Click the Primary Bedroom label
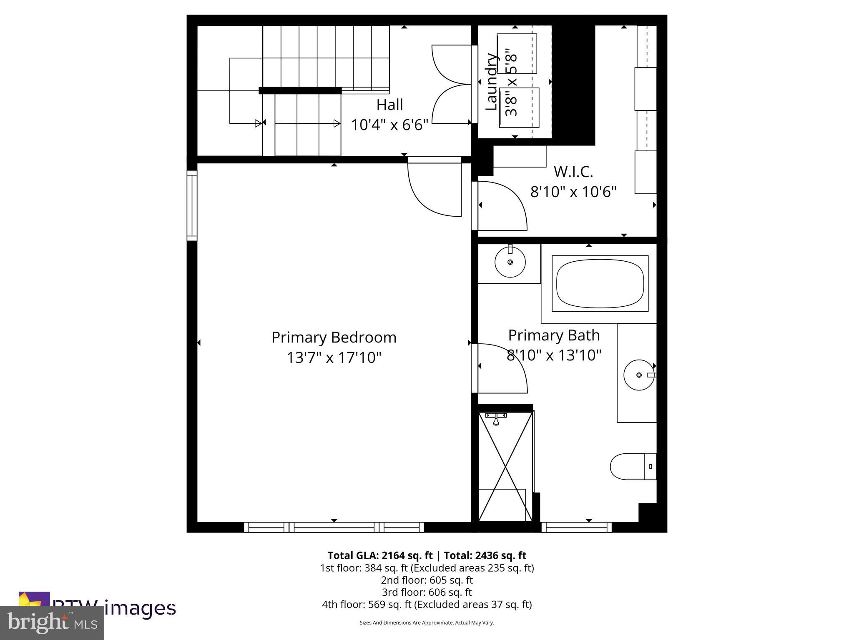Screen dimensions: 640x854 coord(334,337)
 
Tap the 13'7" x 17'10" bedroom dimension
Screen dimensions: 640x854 coord(334,358)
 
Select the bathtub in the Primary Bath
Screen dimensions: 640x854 coord(600,283)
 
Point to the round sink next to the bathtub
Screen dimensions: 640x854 coord(510,262)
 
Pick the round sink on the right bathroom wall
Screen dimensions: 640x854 coord(639,375)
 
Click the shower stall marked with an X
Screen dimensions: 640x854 coord(505,466)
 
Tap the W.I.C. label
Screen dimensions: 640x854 coord(573,172)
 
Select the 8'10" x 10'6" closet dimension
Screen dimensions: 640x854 coord(573,192)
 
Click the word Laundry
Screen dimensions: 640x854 coord(492,82)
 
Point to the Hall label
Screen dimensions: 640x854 coord(389,105)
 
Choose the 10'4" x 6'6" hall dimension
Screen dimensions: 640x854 coord(389,125)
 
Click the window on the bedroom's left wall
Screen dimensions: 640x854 coord(192,205)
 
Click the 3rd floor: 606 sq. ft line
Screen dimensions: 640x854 coord(427,592)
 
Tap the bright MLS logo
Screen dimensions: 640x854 coord(52,622)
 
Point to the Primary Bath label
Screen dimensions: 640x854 coord(553,335)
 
